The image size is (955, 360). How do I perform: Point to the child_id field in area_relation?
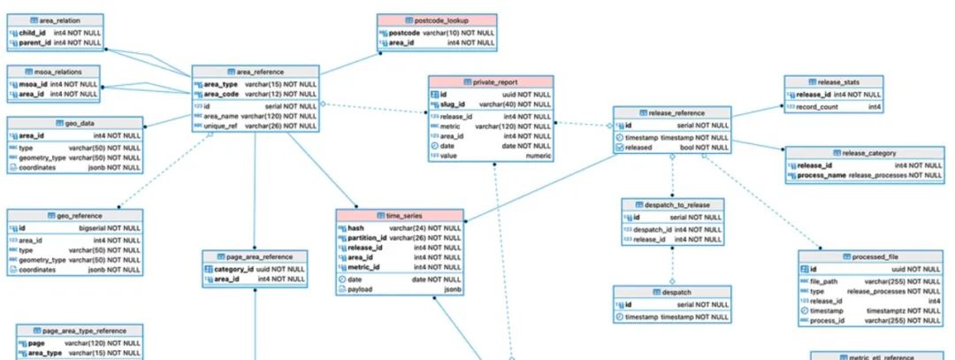click(x=33, y=32)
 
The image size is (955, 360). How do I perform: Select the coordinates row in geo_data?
click(x=38, y=168)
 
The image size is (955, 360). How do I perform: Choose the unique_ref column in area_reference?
click(x=222, y=126)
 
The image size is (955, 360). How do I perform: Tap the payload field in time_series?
click(x=360, y=289)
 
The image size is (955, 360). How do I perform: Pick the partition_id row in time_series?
click(x=367, y=238)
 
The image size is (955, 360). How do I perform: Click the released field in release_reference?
click(x=638, y=148)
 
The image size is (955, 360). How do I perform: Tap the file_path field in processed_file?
click(x=824, y=280)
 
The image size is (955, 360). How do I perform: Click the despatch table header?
click(x=673, y=292)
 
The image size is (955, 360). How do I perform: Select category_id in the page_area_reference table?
click(x=233, y=269)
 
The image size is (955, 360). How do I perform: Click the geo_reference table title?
click(x=75, y=215)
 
